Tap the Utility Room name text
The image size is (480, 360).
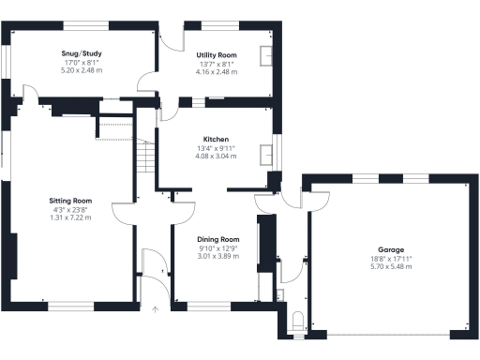216,55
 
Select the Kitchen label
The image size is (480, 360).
216,139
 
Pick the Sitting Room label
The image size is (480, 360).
70,200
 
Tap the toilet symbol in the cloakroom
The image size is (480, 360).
298,322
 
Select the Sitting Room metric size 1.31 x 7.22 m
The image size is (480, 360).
70,217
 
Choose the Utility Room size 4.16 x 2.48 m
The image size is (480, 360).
216,71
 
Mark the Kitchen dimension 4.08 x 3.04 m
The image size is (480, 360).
216,156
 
